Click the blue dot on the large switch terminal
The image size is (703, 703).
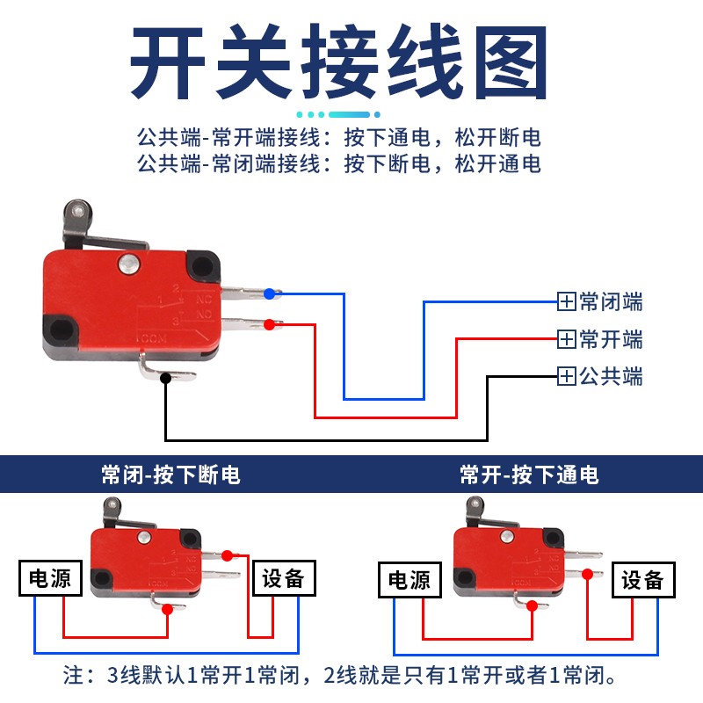[x=269, y=294]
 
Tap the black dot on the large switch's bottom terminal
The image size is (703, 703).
[x=165, y=378]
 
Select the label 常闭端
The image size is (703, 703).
[x=611, y=301]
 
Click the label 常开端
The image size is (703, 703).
[x=611, y=339]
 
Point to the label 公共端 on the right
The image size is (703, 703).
[x=611, y=376]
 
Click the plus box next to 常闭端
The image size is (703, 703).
[x=567, y=301]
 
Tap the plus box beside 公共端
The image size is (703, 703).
[x=567, y=376]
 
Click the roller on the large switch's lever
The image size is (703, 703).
[x=78, y=212]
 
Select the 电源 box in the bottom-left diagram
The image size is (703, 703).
[x=50, y=578]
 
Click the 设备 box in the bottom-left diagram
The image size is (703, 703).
[x=284, y=578]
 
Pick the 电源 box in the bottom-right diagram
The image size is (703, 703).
[x=409, y=580]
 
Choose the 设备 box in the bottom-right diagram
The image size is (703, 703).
[x=643, y=580]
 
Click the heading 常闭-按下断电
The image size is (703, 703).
[x=170, y=475]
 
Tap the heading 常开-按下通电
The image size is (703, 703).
[x=530, y=475]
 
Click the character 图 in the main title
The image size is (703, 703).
[x=511, y=62]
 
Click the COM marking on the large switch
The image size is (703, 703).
[x=154, y=338]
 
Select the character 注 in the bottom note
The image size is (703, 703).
[x=74, y=675]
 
